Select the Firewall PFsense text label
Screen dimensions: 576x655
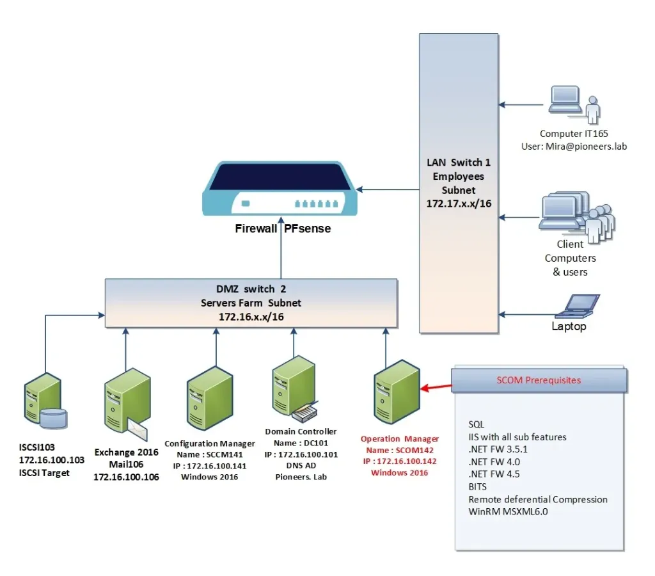click(x=282, y=228)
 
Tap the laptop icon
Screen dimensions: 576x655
click(x=578, y=307)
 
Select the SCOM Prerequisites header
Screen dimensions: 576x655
click(x=539, y=380)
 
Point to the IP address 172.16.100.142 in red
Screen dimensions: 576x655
click(x=400, y=461)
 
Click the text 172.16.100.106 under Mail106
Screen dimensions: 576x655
click(x=126, y=477)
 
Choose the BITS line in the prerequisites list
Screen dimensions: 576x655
click(x=478, y=487)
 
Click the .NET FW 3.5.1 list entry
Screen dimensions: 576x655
click(x=498, y=449)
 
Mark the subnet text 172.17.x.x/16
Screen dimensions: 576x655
click(x=458, y=203)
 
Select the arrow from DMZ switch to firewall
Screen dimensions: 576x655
click(x=281, y=253)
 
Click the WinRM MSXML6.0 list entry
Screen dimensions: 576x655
click(x=508, y=511)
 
